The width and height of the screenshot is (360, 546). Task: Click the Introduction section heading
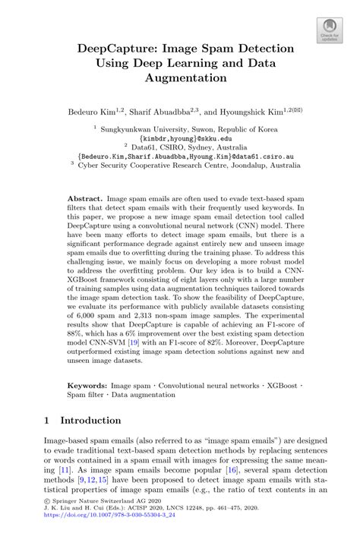(90, 420)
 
